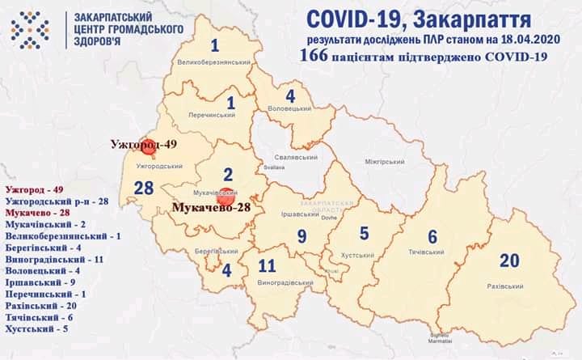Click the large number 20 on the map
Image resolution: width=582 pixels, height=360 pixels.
tap(509, 260)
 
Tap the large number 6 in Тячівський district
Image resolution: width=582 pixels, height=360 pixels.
tap(432, 236)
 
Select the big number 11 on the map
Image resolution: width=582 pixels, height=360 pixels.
tap(268, 265)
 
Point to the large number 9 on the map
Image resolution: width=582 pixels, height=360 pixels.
tap(301, 236)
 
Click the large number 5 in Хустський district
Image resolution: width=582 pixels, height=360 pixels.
tap(364, 233)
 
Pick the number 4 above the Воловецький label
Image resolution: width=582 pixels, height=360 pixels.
tap(289, 95)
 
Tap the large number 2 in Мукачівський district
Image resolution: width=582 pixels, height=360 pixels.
tap(228, 174)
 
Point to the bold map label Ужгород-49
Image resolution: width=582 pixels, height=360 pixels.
tap(145, 145)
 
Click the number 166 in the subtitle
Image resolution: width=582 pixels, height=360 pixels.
tap(315, 56)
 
